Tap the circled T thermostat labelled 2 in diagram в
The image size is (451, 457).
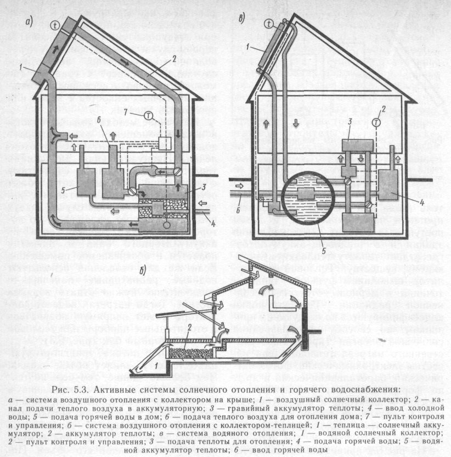point(376,122)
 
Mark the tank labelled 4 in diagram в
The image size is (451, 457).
point(392,185)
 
